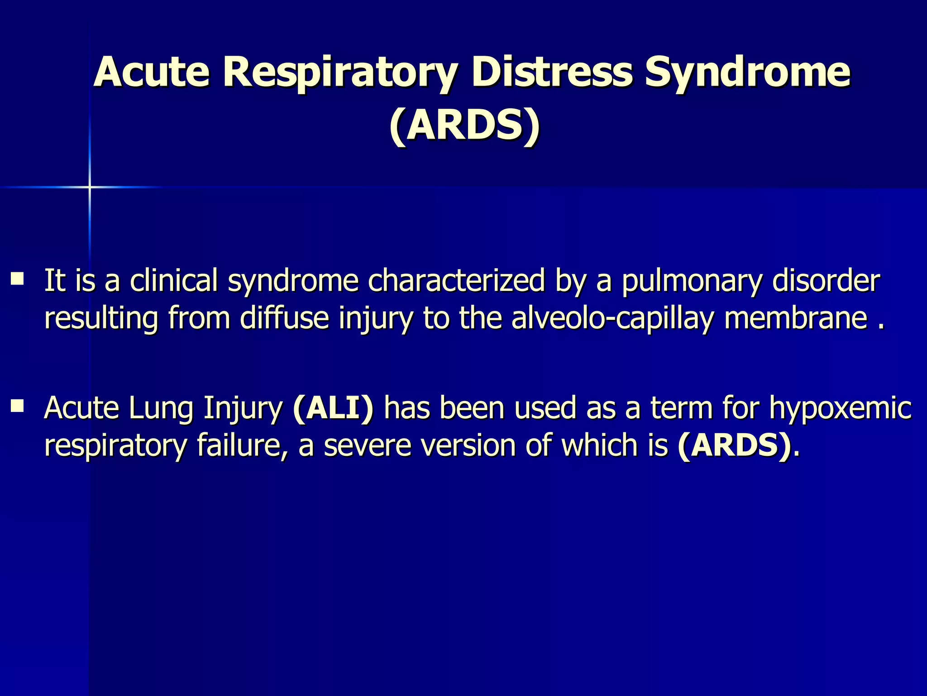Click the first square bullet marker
click(19, 277)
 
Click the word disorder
click(826, 280)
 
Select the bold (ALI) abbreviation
click(333, 408)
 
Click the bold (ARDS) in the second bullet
click(735, 445)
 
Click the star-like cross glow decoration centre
click(90, 187)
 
